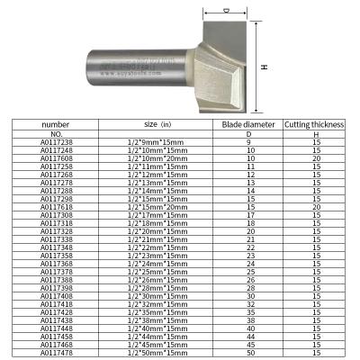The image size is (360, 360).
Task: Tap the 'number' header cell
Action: click(x=55, y=125)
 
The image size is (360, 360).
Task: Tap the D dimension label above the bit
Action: click(x=225, y=11)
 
